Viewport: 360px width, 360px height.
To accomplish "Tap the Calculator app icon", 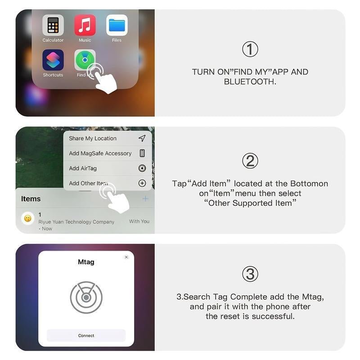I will pyautogui.click(x=53, y=26).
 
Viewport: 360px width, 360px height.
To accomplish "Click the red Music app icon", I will pyautogui.click(x=85, y=26).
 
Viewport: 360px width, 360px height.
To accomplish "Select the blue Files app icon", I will pyautogui.click(x=117, y=26).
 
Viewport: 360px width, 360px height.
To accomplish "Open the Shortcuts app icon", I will pyautogui.click(x=53, y=60).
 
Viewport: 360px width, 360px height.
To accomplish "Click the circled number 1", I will pyautogui.click(x=250, y=49).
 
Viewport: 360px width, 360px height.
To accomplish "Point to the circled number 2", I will pyautogui.click(x=250, y=161).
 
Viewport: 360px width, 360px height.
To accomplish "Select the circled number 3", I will pyautogui.click(x=250, y=274).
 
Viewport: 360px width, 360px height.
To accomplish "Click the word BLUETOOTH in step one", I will pyautogui.click(x=250, y=82).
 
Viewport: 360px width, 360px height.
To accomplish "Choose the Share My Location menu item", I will pyautogui.click(x=93, y=139).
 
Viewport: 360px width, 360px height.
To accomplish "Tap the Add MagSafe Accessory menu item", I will pyautogui.click(x=100, y=153).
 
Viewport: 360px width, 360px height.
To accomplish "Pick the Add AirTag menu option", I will pyautogui.click(x=83, y=168).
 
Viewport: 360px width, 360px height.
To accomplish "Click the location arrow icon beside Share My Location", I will pyautogui.click(x=142, y=139).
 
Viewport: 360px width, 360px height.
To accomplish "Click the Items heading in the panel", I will pyautogui.click(x=31, y=199).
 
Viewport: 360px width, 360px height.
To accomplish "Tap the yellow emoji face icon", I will pyautogui.click(x=28, y=219).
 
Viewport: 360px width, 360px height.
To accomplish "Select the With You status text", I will pyautogui.click(x=139, y=221).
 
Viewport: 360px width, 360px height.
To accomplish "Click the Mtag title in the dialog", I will pyautogui.click(x=86, y=262).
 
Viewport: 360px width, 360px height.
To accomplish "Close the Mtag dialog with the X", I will pyautogui.click(x=126, y=257).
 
